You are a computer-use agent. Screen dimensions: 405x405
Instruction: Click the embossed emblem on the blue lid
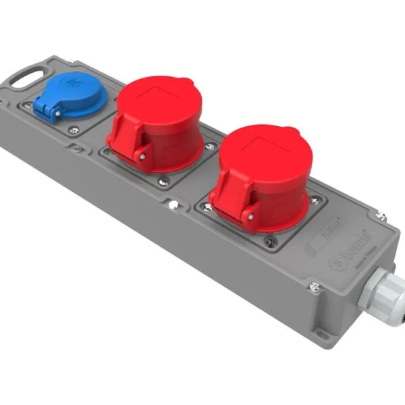click(x=70, y=84)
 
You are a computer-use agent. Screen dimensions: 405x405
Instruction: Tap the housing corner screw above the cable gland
click(x=381, y=216)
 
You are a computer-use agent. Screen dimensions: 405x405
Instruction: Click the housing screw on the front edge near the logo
click(x=315, y=288)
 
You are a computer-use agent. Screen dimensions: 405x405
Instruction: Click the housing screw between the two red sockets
click(x=173, y=203)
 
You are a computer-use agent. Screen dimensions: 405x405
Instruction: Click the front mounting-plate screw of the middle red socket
click(x=163, y=180)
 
